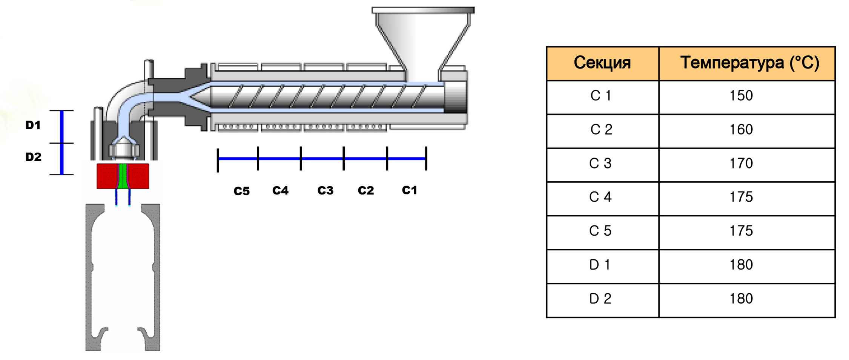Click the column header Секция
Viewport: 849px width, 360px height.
tap(602, 63)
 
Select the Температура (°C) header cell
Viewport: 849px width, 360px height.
tap(749, 63)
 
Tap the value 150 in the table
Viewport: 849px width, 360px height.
tap(741, 96)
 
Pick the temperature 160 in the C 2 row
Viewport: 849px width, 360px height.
tap(741, 130)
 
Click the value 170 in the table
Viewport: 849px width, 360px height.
tap(741, 164)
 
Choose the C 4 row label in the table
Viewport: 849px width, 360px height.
tap(600, 197)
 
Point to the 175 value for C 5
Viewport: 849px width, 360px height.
tap(741, 231)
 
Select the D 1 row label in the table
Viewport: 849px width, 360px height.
tap(600, 265)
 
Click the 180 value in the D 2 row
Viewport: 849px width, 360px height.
tap(741, 299)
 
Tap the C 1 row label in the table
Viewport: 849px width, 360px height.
tap(600, 96)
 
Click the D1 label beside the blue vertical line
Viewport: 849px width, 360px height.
tap(33, 126)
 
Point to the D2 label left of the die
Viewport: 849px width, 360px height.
tap(33, 157)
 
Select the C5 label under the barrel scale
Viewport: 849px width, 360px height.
tap(241, 191)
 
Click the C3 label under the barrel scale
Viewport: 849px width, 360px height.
tap(325, 191)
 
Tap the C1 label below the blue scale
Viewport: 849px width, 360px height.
tap(409, 190)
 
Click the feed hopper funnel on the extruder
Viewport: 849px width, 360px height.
tap(422, 38)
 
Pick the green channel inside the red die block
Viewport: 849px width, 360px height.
tap(123, 176)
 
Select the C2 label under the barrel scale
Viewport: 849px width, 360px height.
tap(365, 191)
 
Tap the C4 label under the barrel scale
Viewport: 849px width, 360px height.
tap(280, 191)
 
